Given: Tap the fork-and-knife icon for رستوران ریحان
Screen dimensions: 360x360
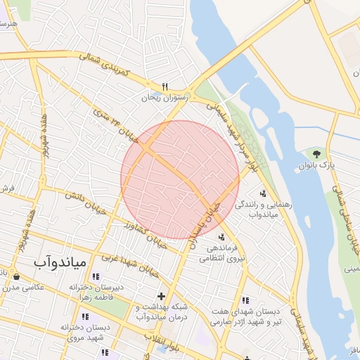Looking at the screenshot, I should tap(165, 86).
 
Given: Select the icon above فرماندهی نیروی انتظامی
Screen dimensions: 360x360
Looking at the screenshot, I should tap(221, 237).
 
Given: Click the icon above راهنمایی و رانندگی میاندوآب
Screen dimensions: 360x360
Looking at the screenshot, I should tap(263, 193).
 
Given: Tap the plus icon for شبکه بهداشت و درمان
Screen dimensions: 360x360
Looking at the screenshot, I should tap(162, 296).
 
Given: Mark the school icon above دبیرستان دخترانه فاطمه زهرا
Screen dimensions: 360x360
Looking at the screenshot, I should tap(95, 276).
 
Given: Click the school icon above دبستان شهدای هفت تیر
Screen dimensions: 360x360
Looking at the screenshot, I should tap(245, 300).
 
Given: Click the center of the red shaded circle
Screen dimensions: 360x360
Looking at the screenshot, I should tap(180, 179).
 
